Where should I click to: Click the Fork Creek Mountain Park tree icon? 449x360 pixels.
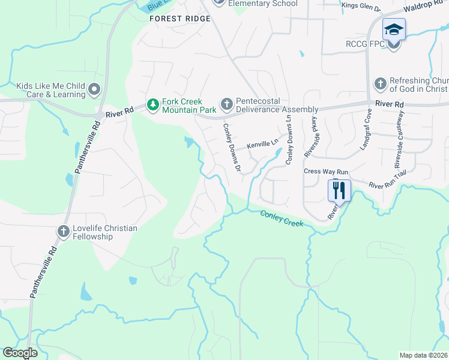[x=153, y=105]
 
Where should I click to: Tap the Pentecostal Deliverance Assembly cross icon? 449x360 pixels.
[x=226, y=105]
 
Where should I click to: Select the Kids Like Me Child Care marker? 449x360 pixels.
[x=94, y=90]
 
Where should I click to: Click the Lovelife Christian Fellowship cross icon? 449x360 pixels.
[x=64, y=232]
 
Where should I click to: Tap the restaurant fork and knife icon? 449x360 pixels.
[x=339, y=191]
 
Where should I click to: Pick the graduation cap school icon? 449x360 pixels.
[x=394, y=29]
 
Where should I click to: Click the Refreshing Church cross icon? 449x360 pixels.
[x=380, y=85]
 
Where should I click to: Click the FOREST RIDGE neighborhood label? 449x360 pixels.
[x=180, y=19]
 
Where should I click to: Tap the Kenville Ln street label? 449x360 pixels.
[x=263, y=144]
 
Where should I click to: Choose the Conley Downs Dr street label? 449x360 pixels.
[x=232, y=147]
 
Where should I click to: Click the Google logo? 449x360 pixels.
[x=20, y=353]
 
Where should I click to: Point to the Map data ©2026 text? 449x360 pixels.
[x=423, y=355]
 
